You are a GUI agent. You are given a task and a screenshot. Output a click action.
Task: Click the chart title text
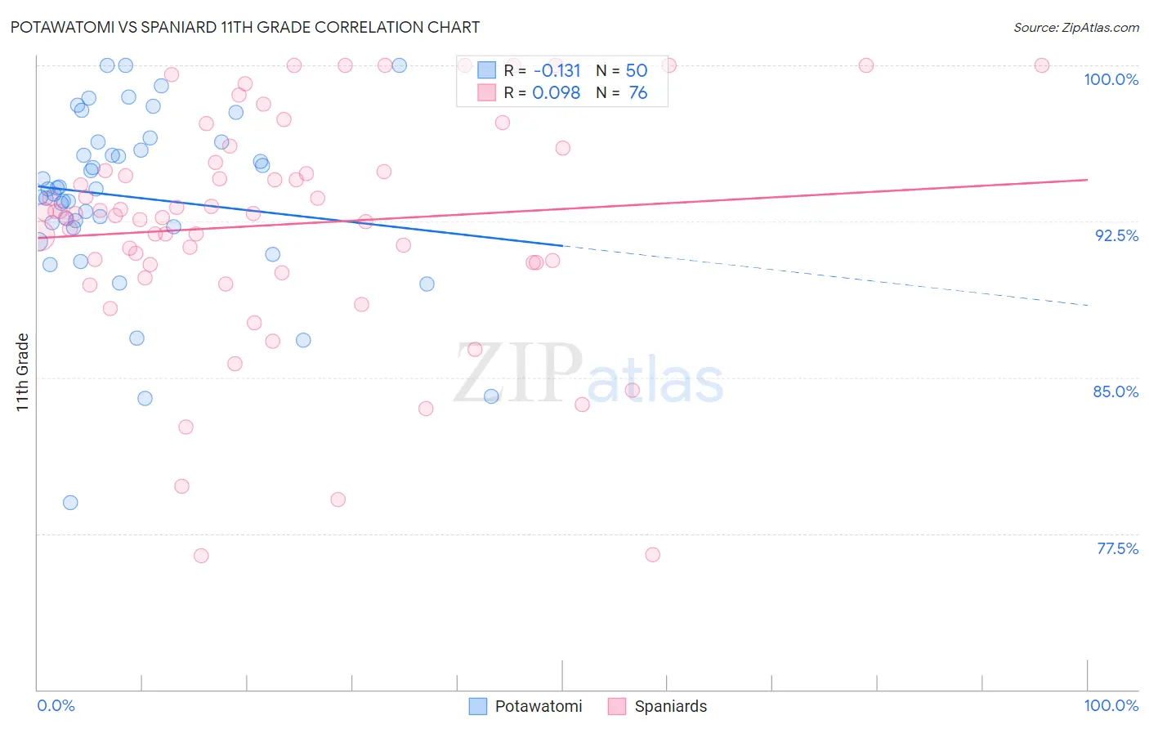click(x=245, y=27)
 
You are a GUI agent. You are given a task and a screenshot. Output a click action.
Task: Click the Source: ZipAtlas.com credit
click(x=1075, y=27)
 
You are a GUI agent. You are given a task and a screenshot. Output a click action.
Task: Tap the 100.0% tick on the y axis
click(x=1111, y=79)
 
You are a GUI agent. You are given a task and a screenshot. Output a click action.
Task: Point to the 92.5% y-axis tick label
click(x=1116, y=235)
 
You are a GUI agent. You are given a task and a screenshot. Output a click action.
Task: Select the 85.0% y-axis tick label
click(x=1115, y=391)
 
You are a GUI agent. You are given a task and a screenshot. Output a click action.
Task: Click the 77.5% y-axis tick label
click(x=1117, y=548)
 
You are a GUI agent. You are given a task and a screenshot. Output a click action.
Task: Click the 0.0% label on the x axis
click(x=56, y=705)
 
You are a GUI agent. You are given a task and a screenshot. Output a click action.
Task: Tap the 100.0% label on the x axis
click(x=1111, y=705)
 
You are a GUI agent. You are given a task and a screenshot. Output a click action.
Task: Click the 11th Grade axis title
click(x=23, y=372)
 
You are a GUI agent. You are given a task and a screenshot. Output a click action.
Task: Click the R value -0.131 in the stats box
click(x=557, y=71)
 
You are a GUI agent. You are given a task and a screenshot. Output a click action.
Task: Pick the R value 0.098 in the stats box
click(x=556, y=93)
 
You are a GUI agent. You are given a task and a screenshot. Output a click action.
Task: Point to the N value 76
click(x=637, y=93)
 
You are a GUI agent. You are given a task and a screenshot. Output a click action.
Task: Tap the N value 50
click(x=636, y=71)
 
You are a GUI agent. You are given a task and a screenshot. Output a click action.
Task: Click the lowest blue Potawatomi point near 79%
click(x=70, y=503)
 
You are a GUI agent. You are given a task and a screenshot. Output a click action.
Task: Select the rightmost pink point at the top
click(x=1042, y=65)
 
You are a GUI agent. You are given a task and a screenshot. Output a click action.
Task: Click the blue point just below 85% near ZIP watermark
click(x=491, y=396)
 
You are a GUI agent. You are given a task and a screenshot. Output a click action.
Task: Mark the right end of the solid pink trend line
click(x=1087, y=180)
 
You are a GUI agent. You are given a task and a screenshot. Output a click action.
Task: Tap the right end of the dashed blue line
click(x=1087, y=305)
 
